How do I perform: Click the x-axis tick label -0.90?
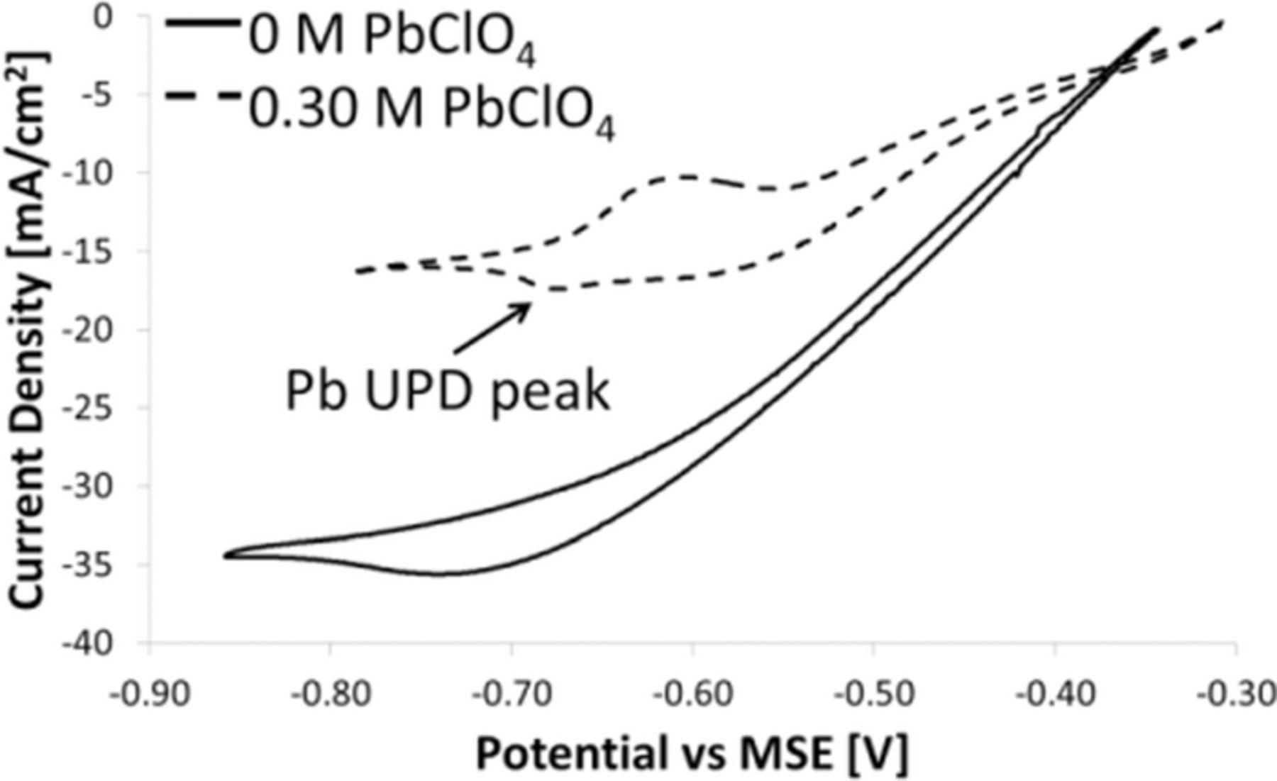tap(150, 694)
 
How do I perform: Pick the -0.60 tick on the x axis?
tap(692, 694)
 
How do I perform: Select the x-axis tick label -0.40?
tap(1055, 694)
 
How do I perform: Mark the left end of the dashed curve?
tap(357, 271)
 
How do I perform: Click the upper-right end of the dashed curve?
tap(1222, 23)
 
